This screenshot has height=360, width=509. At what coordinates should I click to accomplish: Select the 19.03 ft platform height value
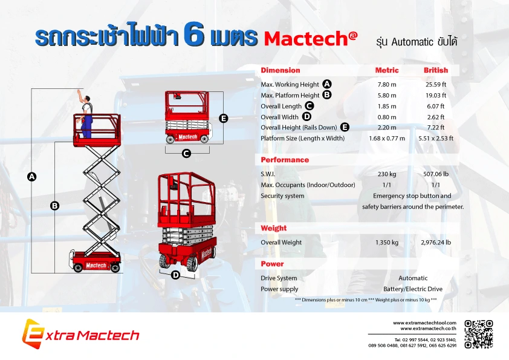click(435, 95)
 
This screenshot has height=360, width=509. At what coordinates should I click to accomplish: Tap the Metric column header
click(387, 70)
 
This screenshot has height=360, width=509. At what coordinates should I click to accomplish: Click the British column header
click(435, 70)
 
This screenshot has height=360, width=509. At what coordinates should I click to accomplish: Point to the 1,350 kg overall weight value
click(387, 243)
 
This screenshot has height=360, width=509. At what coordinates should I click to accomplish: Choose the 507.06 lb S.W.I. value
click(435, 174)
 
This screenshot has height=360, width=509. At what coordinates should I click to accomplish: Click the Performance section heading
click(285, 160)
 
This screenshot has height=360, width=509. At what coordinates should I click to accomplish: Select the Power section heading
click(272, 264)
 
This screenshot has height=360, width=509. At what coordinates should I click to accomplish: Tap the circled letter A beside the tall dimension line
click(32, 177)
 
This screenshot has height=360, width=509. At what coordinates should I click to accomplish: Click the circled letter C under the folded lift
click(186, 154)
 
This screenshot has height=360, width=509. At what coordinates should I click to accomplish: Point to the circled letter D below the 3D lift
click(176, 275)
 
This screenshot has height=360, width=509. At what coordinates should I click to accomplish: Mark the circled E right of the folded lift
click(223, 119)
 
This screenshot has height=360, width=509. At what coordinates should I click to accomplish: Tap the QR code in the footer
click(478, 335)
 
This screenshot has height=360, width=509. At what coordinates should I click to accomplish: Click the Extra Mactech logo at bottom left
click(80, 335)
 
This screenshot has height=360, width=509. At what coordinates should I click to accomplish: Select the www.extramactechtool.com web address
click(424, 323)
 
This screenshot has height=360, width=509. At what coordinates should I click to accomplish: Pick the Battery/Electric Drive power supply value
click(413, 289)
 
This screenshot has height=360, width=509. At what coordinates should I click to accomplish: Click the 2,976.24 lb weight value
click(435, 243)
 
